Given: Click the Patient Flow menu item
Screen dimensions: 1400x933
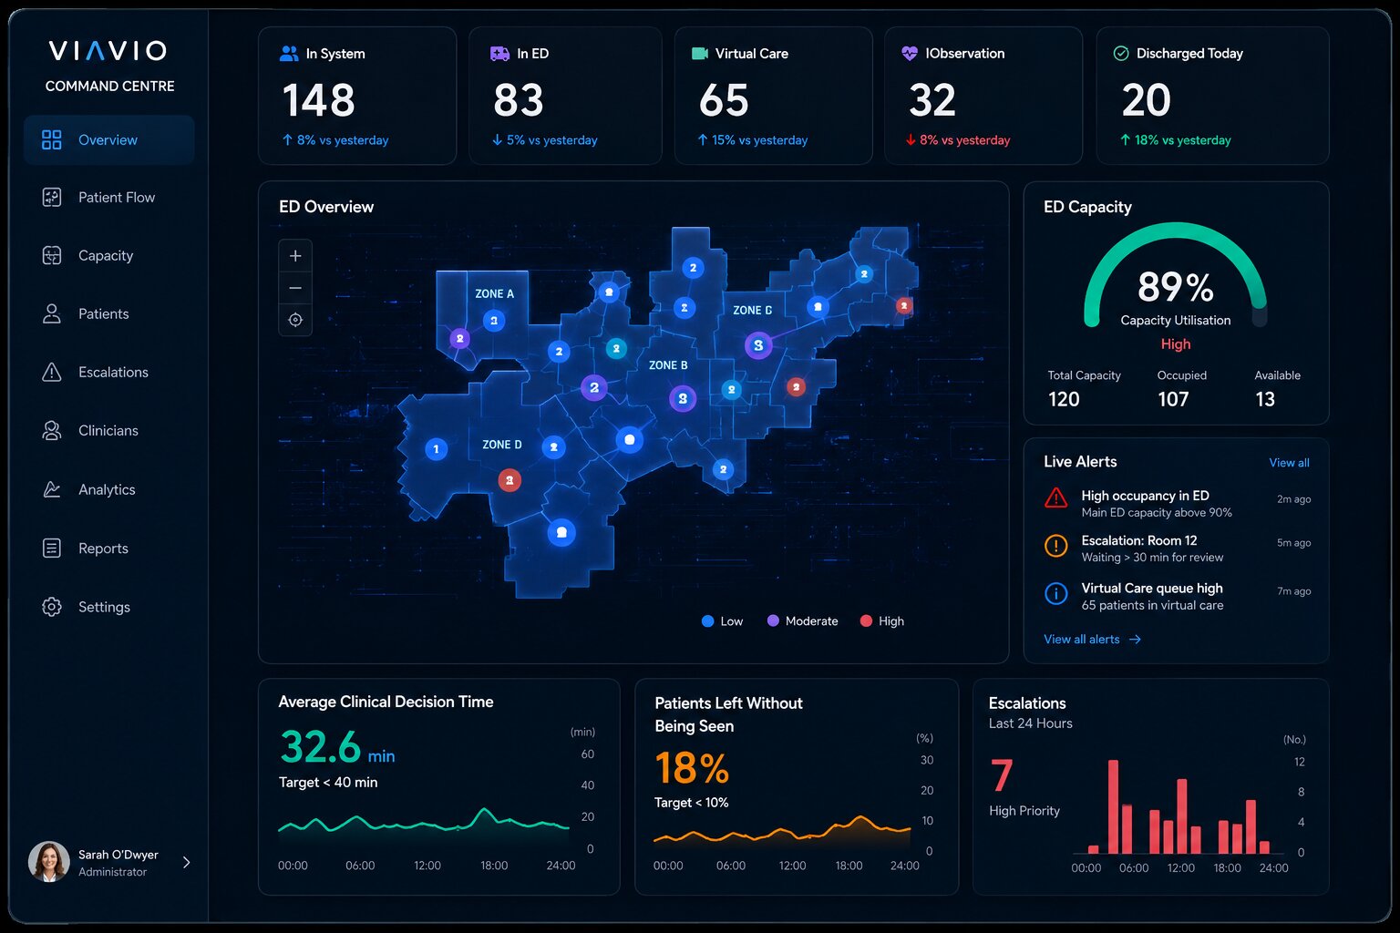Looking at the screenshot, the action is click(98, 198).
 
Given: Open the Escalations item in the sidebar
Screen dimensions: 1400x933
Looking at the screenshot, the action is click(95, 373).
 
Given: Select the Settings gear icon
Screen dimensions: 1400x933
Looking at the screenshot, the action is click(52, 607).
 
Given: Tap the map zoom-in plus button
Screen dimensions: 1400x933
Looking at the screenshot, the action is click(295, 256).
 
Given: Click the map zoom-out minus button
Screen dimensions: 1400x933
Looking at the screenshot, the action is click(295, 288).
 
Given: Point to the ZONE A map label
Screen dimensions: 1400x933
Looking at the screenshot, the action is click(494, 293).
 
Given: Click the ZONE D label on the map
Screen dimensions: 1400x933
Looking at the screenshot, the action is click(502, 445).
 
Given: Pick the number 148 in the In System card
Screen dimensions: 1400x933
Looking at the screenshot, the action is click(319, 100).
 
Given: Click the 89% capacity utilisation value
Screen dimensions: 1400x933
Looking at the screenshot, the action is click(1175, 287).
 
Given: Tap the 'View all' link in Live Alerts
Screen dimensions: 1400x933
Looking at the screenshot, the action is click(1289, 463).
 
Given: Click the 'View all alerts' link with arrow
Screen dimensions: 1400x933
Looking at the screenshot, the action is click(1093, 640).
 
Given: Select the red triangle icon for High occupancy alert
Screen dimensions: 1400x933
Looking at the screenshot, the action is click(1056, 498).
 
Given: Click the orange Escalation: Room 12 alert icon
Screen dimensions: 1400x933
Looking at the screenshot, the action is click(1056, 546).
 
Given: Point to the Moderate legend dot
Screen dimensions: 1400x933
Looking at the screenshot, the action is click(773, 620).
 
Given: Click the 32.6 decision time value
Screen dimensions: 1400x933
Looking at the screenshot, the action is click(321, 747).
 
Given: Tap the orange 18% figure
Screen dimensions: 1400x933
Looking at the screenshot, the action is click(692, 768).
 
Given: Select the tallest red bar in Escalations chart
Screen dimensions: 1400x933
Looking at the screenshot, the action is click(1113, 806).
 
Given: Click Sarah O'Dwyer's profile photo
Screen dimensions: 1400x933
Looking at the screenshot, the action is click(48, 862).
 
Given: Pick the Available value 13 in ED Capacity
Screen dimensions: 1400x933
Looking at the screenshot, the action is click(1265, 399).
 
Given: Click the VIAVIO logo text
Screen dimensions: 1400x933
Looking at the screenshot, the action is click(108, 51).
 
